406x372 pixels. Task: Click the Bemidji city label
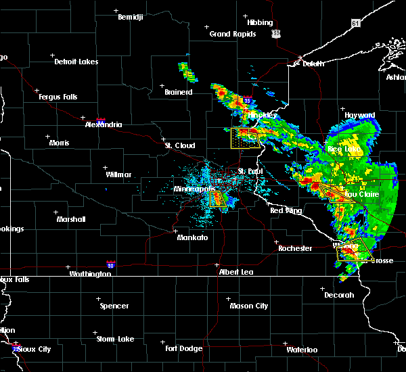[x=131, y=17]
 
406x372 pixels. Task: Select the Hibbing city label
[x=260, y=22]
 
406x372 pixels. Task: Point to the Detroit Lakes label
[x=76, y=62]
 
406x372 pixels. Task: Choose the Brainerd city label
[x=179, y=92]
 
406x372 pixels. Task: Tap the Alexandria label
[x=104, y=124]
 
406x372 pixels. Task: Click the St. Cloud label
[x=181, y=145]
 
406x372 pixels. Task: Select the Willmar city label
[x=118, y=175]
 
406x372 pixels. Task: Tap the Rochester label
[x=295, y=248]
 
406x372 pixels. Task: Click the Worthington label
[x=90, y=274]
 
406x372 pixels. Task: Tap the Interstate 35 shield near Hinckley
[x=248, y=101]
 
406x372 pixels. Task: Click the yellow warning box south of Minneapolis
[x=217, y=198]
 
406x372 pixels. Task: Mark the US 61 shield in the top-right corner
[x=356, y=23]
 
